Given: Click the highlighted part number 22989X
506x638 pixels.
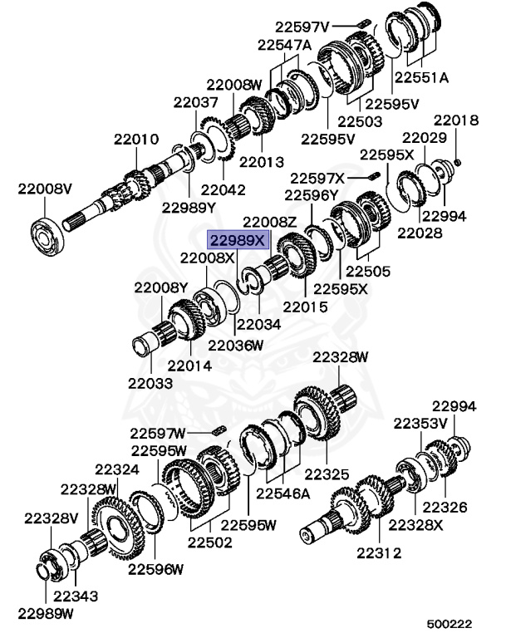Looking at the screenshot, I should [238, 241].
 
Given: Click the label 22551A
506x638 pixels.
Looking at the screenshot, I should [421, 77].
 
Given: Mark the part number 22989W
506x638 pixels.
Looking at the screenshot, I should [47, 614].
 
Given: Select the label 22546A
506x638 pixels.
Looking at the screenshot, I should [282, 493].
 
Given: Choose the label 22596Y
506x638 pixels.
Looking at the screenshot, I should [312, 195].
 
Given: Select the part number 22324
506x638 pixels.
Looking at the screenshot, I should [116, 469].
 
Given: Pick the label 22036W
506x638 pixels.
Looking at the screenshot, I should [236, 344].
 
